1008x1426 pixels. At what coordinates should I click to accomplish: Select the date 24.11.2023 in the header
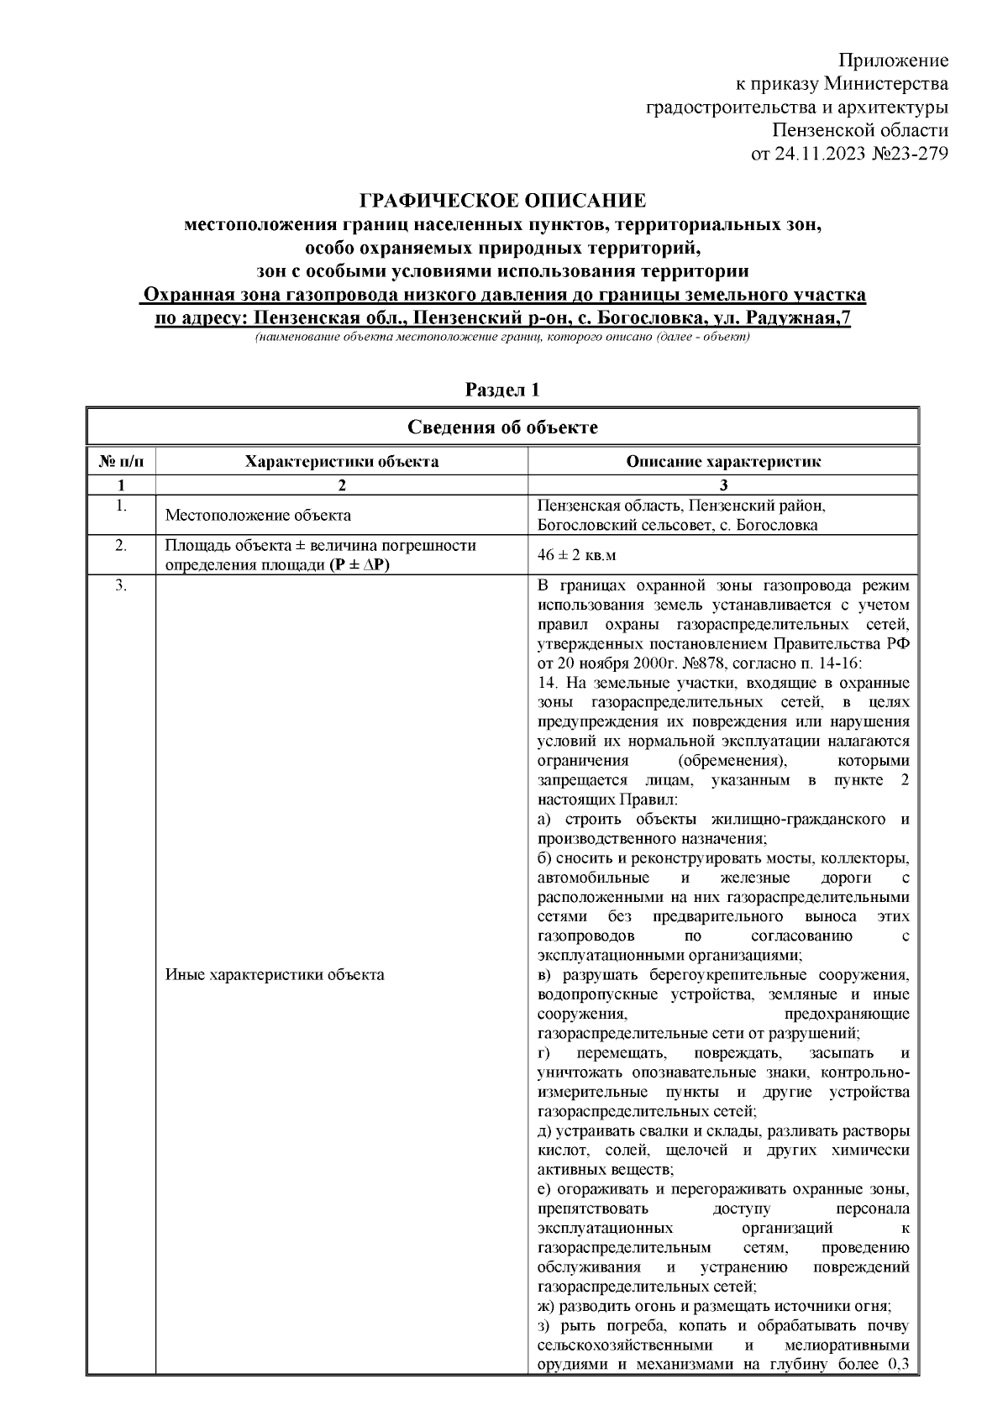pyautogui.click(x=815, y=154)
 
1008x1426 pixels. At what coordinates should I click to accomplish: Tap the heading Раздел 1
pyautogui.click(x=502, y=390)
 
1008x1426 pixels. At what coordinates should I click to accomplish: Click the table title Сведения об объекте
pyautogui.click(x=502, y=427)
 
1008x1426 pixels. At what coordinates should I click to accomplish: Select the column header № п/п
pyautogui.click(x=121, y=461)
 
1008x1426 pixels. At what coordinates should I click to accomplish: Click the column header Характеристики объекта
pyautogui.click(x=341, y=461)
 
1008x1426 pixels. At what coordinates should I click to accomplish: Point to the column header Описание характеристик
pyautogui.click(x=723, y=461)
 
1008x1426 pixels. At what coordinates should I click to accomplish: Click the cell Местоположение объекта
pyautogui.click(x=258, y=516)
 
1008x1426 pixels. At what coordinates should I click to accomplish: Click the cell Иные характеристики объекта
pyautogui.click(x=275, y=975)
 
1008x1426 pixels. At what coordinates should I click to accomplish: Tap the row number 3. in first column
pyautogui.click(x=121, y=585)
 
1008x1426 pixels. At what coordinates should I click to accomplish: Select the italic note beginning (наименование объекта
pyautogui.click(x=502, y=337)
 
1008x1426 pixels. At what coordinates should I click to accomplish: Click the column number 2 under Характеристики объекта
pyautogui.click(x=341, y=485)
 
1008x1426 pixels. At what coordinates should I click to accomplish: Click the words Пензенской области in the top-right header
pyautogui.click(x=860, y=130)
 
